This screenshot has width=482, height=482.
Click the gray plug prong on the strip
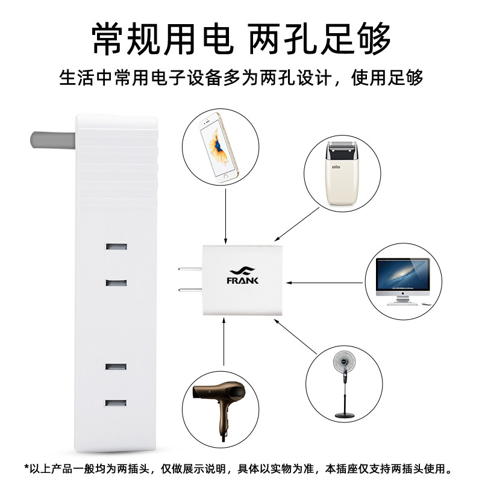[x=51, y=139]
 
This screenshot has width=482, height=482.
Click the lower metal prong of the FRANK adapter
[x=189, y=292]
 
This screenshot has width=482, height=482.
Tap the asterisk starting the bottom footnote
[x=27, y=467]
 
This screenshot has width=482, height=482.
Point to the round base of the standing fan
[x=343, y=415]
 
